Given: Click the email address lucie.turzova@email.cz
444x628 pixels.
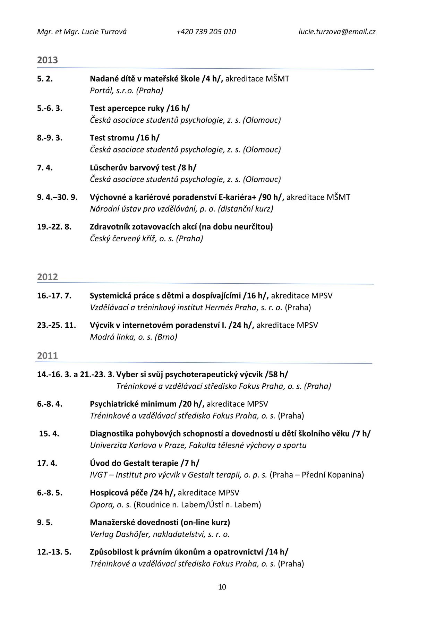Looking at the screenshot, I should tap(337, 32).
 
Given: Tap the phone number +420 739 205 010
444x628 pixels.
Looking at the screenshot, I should tap(206, 32).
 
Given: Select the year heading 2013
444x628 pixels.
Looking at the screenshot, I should tap(48, 60).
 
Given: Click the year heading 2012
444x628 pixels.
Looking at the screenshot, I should tap(48, 277).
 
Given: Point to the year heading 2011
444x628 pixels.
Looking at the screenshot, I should tap(48, 356).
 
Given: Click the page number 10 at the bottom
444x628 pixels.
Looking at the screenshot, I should tap(222, 587).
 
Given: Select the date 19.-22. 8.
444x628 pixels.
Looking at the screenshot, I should tap(54, 227).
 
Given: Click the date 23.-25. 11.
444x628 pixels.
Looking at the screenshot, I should tap(57, 325).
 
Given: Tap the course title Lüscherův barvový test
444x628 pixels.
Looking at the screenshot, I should tap(133, 168).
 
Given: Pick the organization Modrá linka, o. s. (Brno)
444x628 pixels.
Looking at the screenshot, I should tap(134, 337).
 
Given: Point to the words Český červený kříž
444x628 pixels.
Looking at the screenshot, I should tap(123, 239).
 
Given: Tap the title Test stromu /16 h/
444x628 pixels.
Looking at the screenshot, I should tap(125, 138).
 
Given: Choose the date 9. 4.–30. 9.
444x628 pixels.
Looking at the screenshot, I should tap(57, 197).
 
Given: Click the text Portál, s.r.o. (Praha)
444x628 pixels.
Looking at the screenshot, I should tap(126, 91).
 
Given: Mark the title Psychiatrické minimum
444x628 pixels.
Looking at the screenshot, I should tap(133, 404).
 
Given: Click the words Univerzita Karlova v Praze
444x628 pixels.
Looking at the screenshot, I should tap(138, 445).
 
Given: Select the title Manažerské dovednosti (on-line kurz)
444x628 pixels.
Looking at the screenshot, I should tap(160, 523).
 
